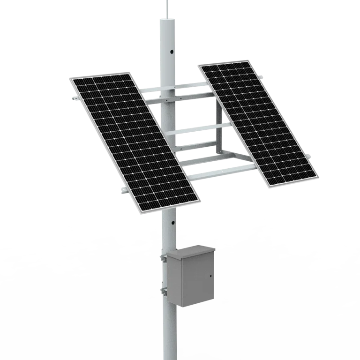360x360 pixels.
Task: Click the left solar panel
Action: (134, 141)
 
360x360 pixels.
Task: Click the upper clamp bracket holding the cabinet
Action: (164, 258)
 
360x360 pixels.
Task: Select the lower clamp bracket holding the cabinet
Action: (164, 292)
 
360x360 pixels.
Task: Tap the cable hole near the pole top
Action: (172, 52)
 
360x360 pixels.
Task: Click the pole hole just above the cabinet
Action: (172, 224)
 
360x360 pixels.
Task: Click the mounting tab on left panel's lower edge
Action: (124, 190)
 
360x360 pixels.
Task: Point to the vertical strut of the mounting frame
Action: (217, 127)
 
